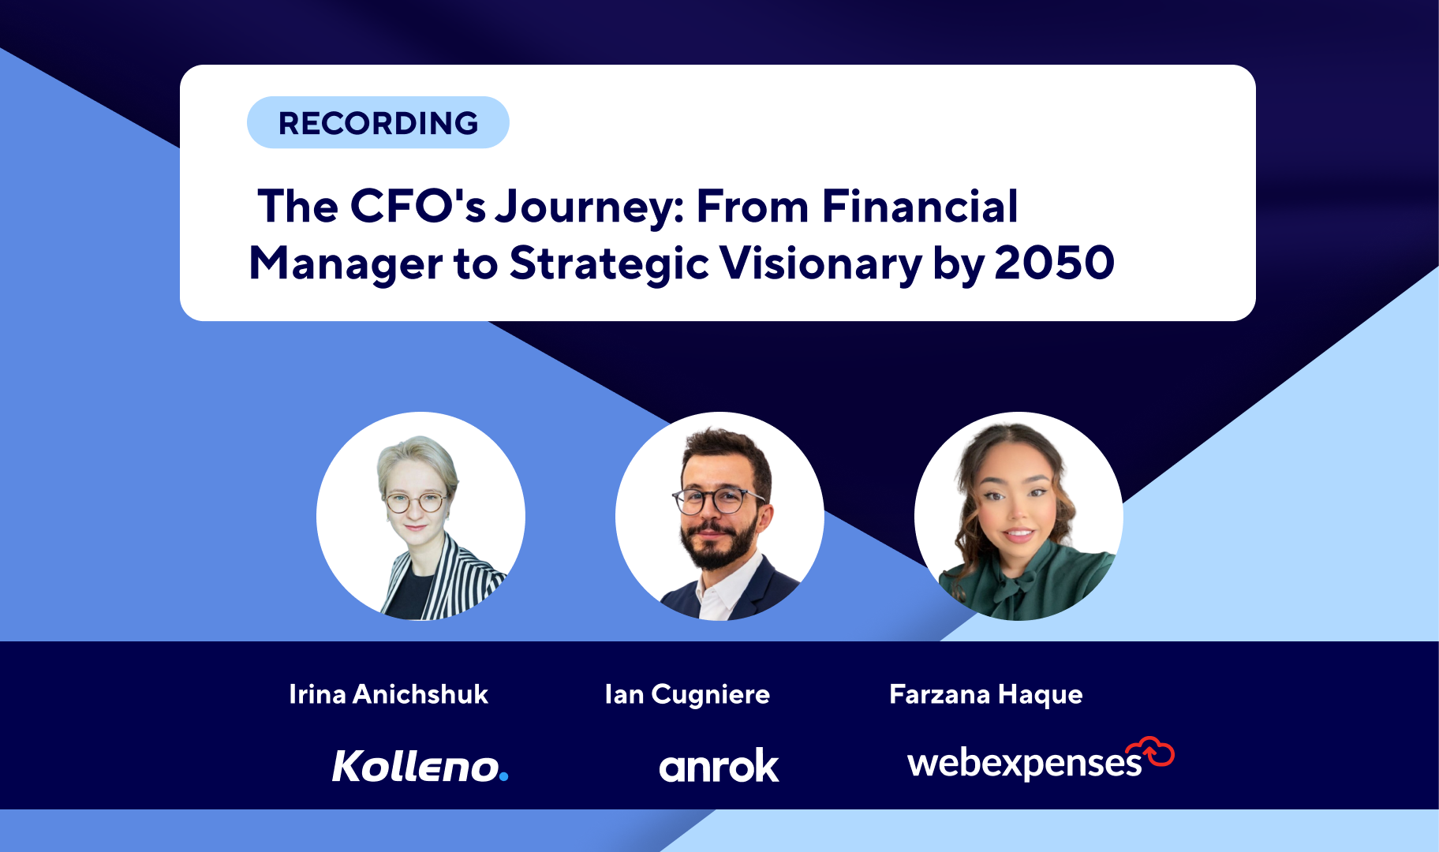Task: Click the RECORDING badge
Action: click(x=378, y=122)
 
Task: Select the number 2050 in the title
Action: click(x=1054, y=263)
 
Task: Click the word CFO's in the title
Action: click(x=417, y=207)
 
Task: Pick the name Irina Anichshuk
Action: click(x=388, y=694)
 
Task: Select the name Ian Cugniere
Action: click(x=687, y=695)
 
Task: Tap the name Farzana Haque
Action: click(x=986, y=695)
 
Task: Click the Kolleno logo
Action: click(x=420, y=766)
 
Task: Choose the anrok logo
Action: click(x=719, y=766)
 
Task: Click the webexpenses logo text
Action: click(x=1025, y=763)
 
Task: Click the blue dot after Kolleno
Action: click(x=504, y=777)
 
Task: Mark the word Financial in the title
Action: click(x=920, y=207)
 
